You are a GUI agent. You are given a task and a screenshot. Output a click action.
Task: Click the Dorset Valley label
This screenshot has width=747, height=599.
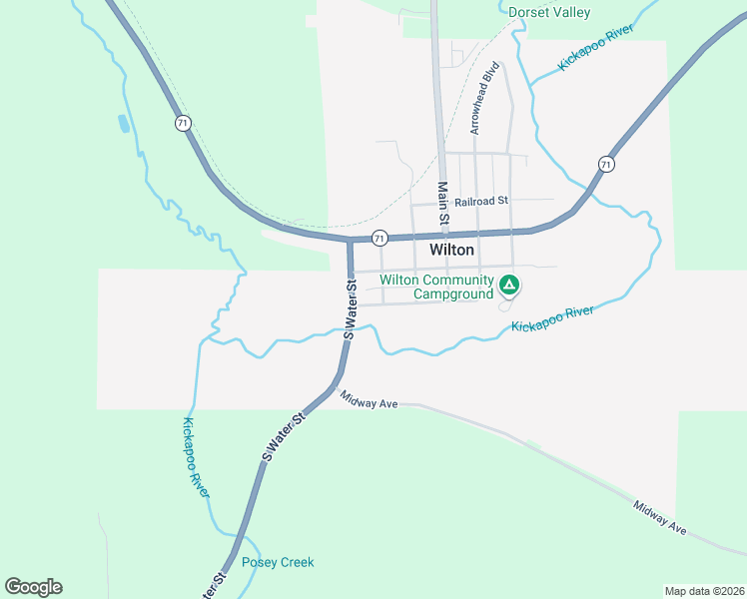point(549,13)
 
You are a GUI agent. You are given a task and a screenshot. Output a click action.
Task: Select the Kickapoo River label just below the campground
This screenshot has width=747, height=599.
point(552,318)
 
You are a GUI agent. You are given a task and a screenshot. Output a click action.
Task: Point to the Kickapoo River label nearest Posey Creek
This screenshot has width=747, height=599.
point(196,457)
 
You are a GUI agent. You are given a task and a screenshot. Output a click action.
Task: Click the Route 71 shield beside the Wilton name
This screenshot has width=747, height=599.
point(379,238)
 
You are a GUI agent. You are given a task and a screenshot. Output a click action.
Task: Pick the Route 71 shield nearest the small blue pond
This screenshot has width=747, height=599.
point(181,123)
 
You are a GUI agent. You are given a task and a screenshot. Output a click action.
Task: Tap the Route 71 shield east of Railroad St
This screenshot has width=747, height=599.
point(606,164)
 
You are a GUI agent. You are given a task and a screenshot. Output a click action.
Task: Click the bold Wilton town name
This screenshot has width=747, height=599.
point(451,250)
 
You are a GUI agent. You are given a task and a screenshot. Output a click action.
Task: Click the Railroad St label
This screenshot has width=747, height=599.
point(481,201)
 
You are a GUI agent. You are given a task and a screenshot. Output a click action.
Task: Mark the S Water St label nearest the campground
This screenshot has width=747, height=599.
point(350,309)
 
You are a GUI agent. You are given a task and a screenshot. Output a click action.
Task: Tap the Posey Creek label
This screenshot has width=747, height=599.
point(278,562)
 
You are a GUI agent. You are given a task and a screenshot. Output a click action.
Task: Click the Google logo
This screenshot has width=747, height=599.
point(33,587)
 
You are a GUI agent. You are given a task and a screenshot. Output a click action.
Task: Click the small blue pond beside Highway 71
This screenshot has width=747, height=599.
point(123,124)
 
